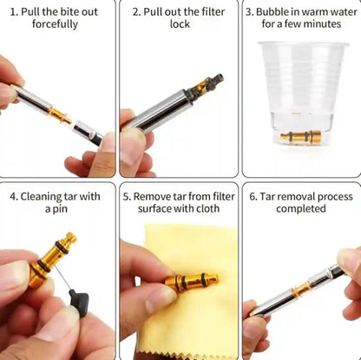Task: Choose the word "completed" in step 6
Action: [x=301, y=209]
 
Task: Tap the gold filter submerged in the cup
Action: [x=301, y=136]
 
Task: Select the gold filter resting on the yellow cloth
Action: [x=190, y=281]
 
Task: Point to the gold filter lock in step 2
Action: [x=206, y=85]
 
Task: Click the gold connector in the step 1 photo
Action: [x=59, y=114]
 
